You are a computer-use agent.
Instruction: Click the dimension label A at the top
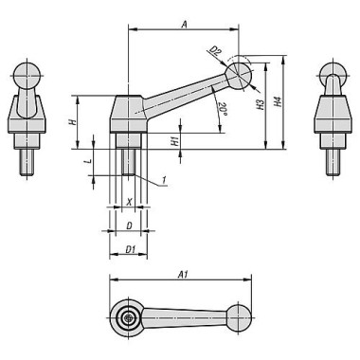point(183,22)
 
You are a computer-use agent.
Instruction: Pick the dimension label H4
point(278,99)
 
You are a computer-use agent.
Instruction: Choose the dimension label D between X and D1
point(130,226)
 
